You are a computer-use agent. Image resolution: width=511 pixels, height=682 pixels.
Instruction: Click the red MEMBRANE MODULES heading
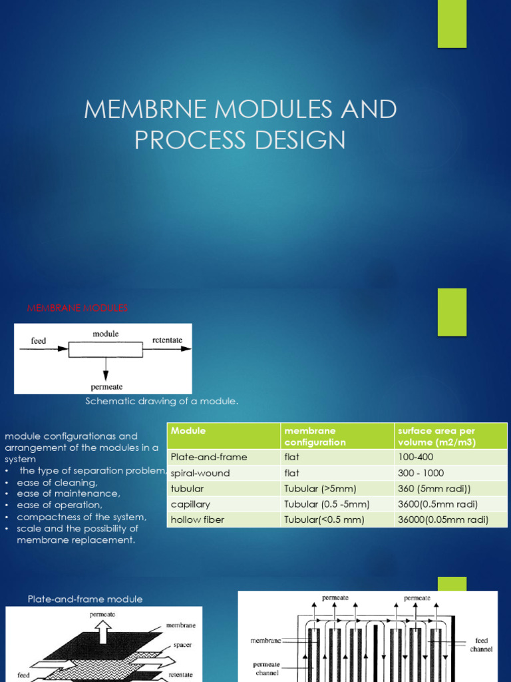pos(77,308)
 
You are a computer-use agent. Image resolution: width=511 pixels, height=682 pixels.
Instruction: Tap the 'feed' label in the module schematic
pos(39,340)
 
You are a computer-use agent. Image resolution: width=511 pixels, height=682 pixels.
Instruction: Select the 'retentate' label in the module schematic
pos(167,340)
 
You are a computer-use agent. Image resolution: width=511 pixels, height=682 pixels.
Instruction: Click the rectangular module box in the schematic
pos(105,350)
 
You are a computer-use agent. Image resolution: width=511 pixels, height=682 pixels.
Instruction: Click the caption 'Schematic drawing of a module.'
pos(162,401)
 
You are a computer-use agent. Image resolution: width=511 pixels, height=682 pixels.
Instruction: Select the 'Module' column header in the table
pos(188,431)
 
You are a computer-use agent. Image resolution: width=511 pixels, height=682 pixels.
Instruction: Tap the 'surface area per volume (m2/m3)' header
pos(436,436)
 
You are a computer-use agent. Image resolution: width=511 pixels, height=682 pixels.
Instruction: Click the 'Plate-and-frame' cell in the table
pos(209,457)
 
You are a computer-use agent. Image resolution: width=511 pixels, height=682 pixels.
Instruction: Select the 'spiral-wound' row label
pos(200,473)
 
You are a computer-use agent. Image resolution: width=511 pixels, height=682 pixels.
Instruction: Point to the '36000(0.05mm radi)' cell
pos(443,519)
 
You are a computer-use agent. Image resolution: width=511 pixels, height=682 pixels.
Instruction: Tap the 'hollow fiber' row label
pos(198,519)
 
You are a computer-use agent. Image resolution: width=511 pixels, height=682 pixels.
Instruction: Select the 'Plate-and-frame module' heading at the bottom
pos(85,599)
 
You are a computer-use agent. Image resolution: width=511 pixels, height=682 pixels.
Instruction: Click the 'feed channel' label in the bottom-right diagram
pos(481,645)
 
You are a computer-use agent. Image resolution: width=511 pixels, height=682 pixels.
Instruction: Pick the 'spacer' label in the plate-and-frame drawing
pos(183,645)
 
